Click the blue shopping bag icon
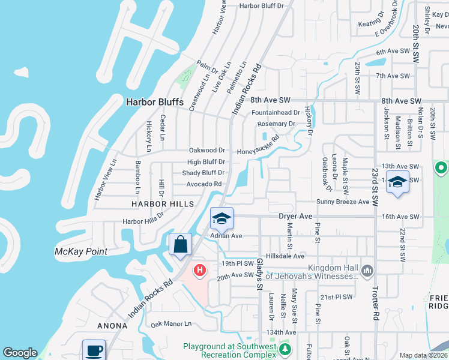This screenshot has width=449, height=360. click(181, 245)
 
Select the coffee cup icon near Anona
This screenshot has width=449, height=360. click(94, 350)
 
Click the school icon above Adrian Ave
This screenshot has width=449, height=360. click(221, 218)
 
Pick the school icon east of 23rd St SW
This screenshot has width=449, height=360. click(397, 181)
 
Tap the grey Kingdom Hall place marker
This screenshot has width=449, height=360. click(368, 272)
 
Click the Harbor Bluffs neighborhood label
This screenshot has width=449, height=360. click(154, 102)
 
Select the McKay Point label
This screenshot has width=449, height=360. click(80, 251)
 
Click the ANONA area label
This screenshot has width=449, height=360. click(113, 326)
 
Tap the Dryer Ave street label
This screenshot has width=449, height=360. click(295, 216)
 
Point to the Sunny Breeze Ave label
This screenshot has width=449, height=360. click(343, 202)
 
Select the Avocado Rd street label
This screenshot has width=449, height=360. click(204, 184)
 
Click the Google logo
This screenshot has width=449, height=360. click(20, 353)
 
